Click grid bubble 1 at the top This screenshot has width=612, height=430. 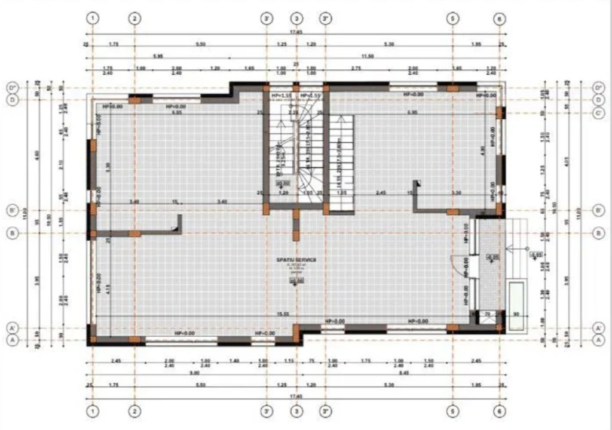coord(93,19)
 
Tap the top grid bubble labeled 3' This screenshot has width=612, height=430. coord(267,19)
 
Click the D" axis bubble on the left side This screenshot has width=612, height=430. coord(11,88)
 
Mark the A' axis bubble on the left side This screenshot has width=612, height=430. coord(11,328)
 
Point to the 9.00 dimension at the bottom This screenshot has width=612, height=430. coord(194,374)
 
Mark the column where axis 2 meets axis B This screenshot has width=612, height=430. coord(135,233)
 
